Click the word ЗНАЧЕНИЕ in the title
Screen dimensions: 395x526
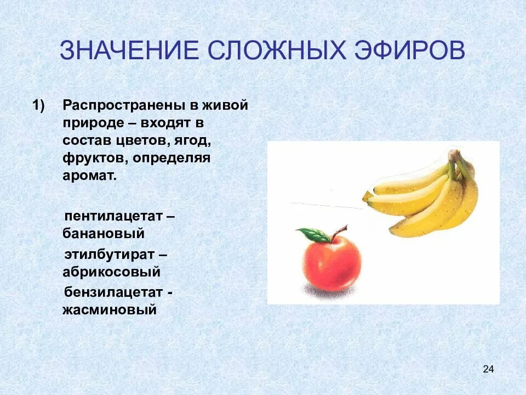(x=129, y=51)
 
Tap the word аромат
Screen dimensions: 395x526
(x=89, y=177)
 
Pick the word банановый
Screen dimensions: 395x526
(x=104, y=233)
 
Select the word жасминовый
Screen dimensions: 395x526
(x=110, y=310)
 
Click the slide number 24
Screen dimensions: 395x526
(x=488, y=369)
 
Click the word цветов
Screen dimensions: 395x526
(x=145, y=141)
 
